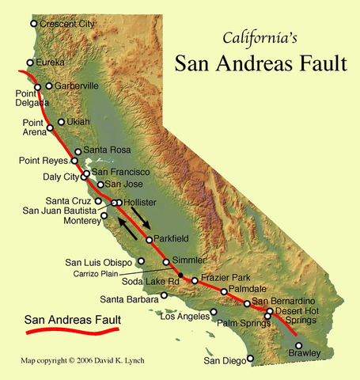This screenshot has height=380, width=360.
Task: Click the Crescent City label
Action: coord(67,25)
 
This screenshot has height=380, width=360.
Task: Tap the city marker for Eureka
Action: coord(30,63)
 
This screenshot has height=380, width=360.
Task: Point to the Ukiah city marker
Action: coord(62,122)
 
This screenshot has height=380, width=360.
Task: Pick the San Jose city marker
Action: coord(100,184)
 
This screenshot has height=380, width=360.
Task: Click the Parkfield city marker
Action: coord(148,240)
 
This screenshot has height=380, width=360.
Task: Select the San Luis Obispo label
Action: coord(98,261)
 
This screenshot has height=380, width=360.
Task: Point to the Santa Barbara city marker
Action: coord(164,295)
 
